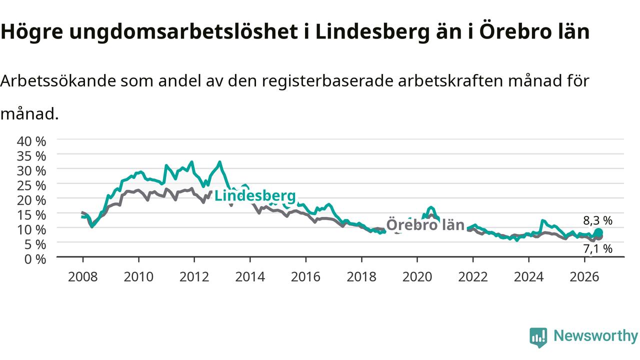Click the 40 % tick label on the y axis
click(x=31, y=141)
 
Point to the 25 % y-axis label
click(x=31, y=185)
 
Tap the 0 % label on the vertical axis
click(x=35, y=259)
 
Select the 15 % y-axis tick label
click(x=31, y=215)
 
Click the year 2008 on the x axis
click(x=83, y=277)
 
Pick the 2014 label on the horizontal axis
click(x=250, y=277)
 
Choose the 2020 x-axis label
click(x=417, y=277)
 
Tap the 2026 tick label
click(x=584, y=277)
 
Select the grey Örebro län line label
click(x=425, y=225)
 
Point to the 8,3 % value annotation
click(x=597, y=220)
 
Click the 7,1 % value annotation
click(x=597, y=249)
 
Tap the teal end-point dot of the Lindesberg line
click(x=598, y=232)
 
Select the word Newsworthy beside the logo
click(x=595, y=336)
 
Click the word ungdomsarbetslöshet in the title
click(x=183, y=31)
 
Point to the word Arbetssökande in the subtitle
click(x=58, y=81)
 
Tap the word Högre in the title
click(x=31, y=31)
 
